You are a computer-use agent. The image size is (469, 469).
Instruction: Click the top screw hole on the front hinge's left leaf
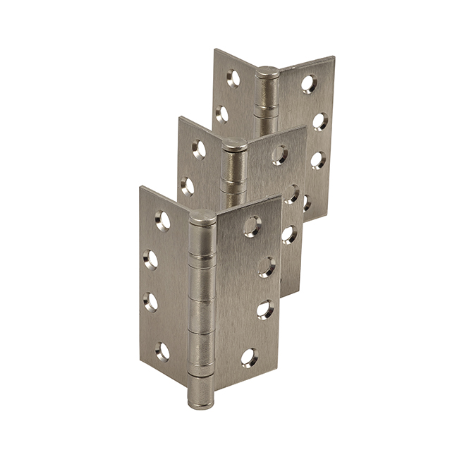pyautogui.click(x=163, y=221)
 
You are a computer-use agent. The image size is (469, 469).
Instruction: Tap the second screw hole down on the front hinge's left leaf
pyautogui.click(x=151, y=260)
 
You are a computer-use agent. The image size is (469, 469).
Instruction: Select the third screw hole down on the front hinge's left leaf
pyautogui.click(x=151, y=302)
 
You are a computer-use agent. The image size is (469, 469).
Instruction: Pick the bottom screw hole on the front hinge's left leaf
pyautogui.click(x=162, y=351)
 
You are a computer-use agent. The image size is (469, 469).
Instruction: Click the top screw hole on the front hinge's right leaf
pyautogui.click(x=252, y=226)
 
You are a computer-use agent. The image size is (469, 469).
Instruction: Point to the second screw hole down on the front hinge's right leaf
pyautogui.click(x=266, y=267)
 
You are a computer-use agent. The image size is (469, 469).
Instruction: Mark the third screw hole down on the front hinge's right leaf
pyautogui.click(x=264, y=309)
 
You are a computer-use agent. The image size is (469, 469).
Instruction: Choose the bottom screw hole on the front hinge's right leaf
pyautogui.click(x=250, y=357)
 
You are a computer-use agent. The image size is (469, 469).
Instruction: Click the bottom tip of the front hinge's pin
pyautogui.click(x=200, y=402)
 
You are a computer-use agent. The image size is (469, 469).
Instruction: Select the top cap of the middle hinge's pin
pyautogui.click(x=235, y=145)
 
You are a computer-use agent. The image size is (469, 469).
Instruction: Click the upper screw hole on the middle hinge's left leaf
pyautogui.click(x=199, y=149)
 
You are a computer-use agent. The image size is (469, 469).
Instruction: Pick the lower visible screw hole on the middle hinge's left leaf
pyautogui.click(x=187, y=186)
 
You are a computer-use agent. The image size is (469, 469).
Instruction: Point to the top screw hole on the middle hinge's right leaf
pyautogui.click(x=280, y=155)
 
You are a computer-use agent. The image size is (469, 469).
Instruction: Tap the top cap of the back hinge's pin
pyautogui.click(x=267, y=72)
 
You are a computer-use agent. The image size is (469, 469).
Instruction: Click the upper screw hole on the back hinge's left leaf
pyautogui.click(x=233, y=78)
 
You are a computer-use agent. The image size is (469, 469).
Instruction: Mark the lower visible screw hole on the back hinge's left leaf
pyautogui.click(x=222, y=114)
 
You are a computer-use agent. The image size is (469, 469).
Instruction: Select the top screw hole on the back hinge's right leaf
pyautogui.click(x=309, y=83)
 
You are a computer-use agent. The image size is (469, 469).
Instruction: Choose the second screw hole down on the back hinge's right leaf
pyautogui.click(x=320, y=121)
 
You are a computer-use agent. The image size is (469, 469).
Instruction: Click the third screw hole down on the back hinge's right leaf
pyautogui.click(x=317, y=160)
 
